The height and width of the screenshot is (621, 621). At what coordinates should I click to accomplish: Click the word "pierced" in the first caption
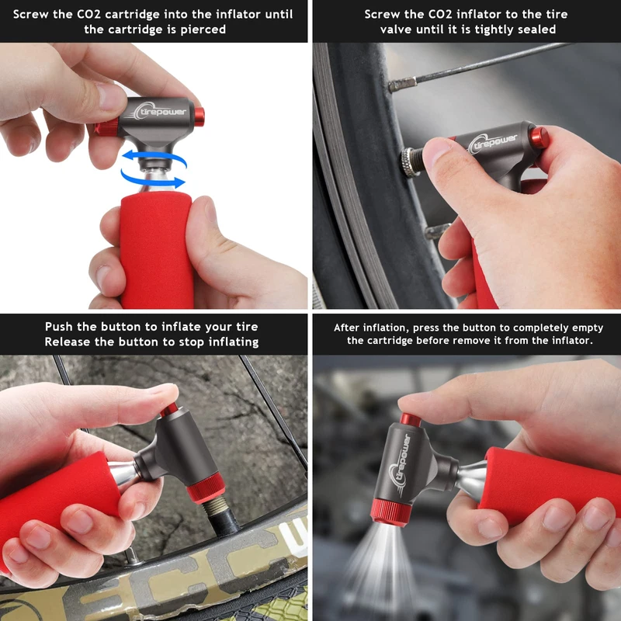203,29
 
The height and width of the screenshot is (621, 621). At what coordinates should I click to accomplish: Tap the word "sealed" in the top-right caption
536,29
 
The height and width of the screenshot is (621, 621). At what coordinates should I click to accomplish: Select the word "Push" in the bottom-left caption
60,327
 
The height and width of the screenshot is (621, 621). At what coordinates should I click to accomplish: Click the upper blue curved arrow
155,155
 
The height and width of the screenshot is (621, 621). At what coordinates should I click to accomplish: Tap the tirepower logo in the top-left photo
160,111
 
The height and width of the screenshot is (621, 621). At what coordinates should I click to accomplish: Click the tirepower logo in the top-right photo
492,143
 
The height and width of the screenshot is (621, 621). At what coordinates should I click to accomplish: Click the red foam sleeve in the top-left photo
157,249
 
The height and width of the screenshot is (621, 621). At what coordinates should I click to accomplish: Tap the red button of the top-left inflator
199,117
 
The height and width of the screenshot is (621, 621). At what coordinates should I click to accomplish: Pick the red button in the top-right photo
539,137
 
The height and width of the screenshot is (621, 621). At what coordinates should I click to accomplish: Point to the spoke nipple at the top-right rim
402,84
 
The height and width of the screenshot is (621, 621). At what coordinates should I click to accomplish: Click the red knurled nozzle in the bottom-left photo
206,487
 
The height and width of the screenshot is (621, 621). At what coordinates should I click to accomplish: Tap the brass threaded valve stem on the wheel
214,508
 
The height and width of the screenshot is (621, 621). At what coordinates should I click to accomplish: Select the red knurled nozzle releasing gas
391,512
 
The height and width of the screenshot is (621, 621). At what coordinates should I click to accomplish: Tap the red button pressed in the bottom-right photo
411,420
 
